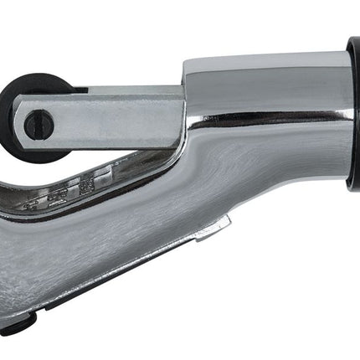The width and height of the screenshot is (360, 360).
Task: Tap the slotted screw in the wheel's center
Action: (x=38, y=126)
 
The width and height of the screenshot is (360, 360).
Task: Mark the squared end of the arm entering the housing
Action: (x=172, y=113)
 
